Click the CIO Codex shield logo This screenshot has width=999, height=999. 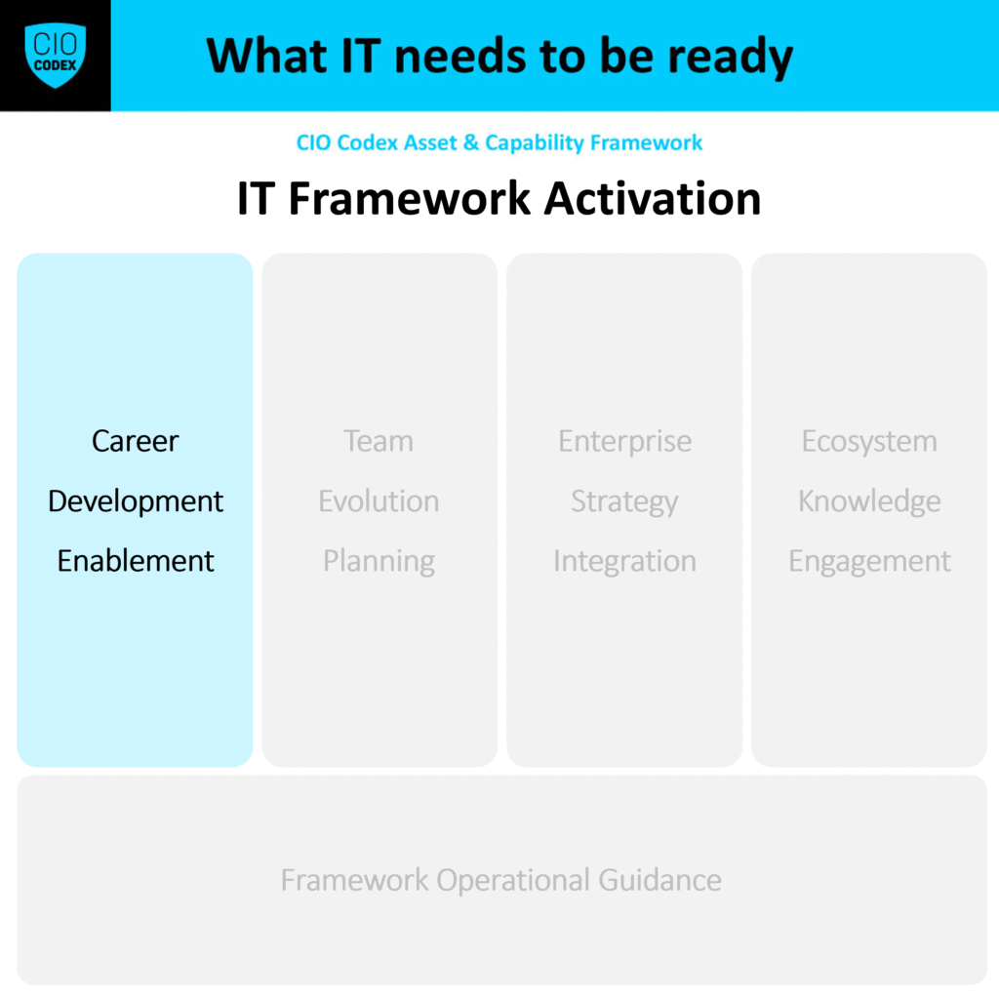pos(56,56)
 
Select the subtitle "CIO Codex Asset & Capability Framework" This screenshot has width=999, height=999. pos(499,142)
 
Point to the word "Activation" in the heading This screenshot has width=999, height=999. pos(653,199)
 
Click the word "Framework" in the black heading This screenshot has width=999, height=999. pos(410,199)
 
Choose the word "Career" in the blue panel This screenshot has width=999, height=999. pos(135,441)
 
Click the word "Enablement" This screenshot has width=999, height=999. pos(136,561)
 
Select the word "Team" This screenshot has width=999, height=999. pos(379,441)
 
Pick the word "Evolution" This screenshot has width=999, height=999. pos(379,500)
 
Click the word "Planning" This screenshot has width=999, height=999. pos(380,562)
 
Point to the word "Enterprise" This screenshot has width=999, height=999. pos(625,442)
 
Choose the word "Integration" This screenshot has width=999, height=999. pos(624,562)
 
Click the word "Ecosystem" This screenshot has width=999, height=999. pos(869,442)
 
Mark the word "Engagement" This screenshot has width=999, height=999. pos(869,562)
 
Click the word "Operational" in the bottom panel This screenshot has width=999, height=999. pos(513,881)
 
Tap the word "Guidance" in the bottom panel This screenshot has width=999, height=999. pos(660,880)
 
